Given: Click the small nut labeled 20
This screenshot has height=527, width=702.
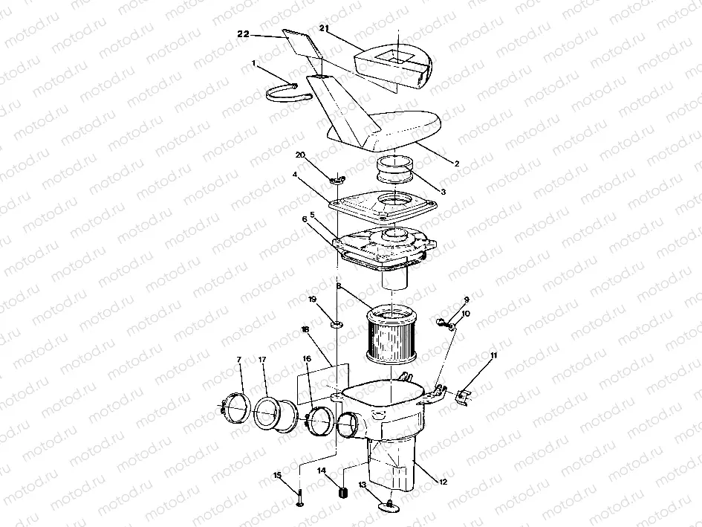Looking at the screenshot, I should tap(337, 179).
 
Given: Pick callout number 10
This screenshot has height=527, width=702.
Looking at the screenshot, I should tap(466, 314).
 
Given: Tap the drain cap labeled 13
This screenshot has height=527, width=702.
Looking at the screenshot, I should tap(391, 505).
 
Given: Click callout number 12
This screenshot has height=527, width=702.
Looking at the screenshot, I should tap(443, 482).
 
